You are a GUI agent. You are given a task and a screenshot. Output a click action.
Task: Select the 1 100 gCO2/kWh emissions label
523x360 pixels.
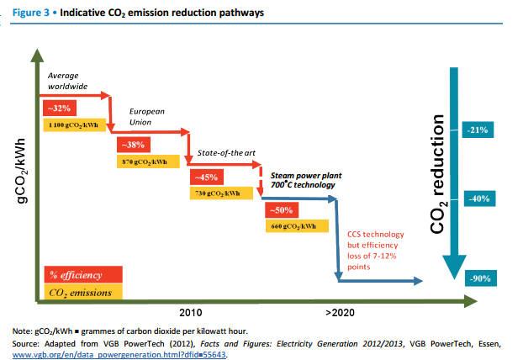(72, 124)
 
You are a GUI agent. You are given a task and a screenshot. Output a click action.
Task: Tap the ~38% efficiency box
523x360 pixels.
(135, 144)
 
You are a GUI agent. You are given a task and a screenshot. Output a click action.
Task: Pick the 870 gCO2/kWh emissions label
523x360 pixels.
(145, 161)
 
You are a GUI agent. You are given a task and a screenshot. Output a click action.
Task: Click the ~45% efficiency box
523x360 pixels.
(206, 177)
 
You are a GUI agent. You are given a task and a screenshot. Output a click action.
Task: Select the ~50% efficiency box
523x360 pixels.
(279, 210)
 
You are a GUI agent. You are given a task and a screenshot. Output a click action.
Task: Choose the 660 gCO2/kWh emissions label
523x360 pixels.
(293, 226)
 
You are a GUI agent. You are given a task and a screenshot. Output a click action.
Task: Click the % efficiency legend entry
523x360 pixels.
(83, 275)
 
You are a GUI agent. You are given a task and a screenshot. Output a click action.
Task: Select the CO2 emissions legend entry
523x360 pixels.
(83, 292)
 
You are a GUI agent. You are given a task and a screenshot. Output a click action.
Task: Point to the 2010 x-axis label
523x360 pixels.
(190, 313)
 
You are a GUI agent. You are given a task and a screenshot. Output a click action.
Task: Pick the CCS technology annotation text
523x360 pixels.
(376, 250)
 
